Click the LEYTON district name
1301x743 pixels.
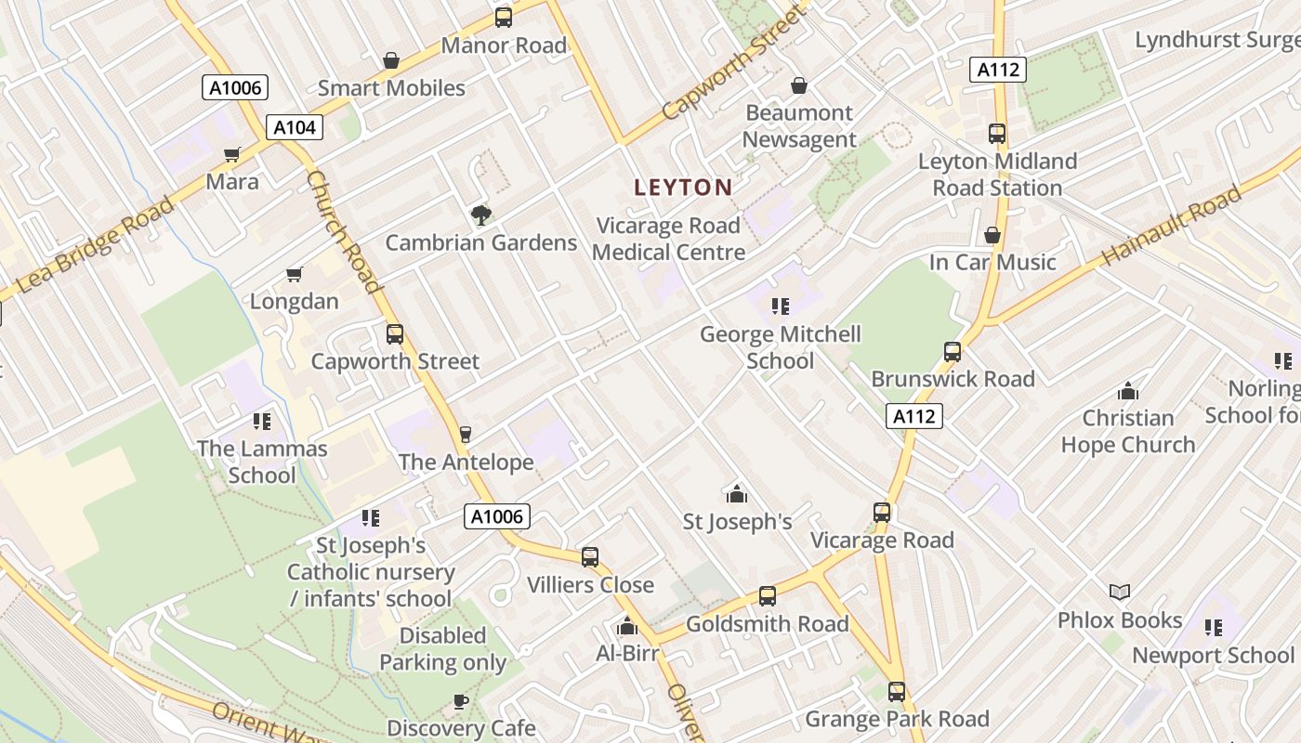[683, 187]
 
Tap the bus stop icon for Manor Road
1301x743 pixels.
[504, 17]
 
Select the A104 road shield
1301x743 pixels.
[295, 127]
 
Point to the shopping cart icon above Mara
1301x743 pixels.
[232, 154]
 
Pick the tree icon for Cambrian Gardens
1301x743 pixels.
[480, 215]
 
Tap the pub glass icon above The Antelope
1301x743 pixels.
[466, 435]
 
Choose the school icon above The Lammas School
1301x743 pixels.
[262, 422]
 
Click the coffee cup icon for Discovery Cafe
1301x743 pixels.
[460, 701]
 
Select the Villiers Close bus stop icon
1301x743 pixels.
[590, 557]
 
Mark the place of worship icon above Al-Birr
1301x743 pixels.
[627, 627]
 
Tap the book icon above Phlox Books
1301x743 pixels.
[1120, 593]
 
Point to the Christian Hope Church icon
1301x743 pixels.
[1128, 391]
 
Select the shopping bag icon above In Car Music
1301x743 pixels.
[992, 235]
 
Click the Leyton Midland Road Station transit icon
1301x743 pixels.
[997, 134]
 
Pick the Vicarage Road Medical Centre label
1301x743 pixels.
[668, 239]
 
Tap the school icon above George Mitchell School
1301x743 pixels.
[781, 306]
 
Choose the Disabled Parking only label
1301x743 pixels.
[443, 649]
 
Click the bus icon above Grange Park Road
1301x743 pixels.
[897, 692]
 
